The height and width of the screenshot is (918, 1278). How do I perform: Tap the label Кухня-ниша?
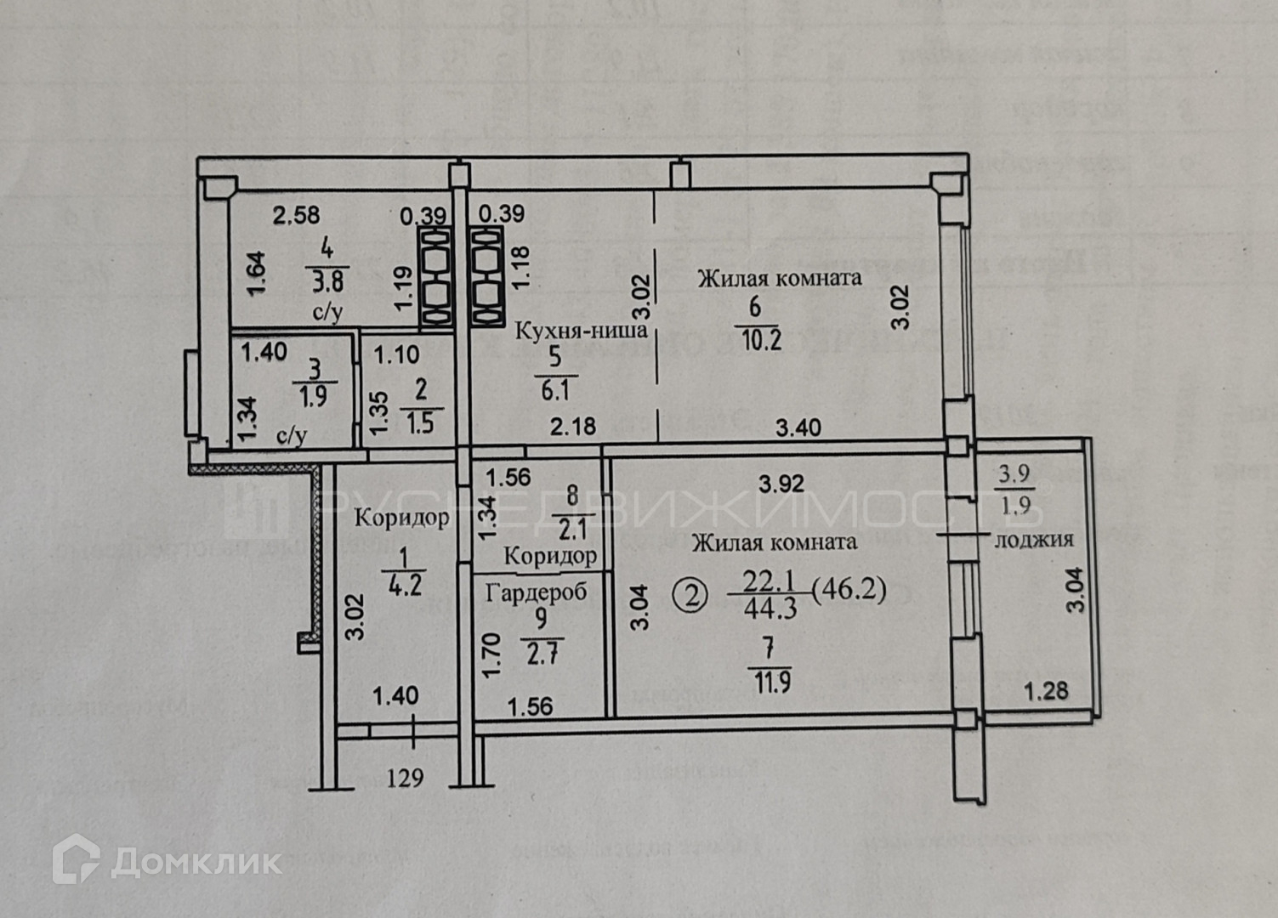[x=582, y=330]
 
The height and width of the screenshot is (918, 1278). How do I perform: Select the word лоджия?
[x=1033, y=538]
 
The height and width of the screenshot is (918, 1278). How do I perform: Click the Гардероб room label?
[x=536, y=592]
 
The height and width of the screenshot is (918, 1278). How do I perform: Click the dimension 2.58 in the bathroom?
[x=296, y=215]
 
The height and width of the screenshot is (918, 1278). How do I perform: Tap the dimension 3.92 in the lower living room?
[x=781, y=484]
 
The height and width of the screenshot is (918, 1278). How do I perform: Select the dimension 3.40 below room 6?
[x=798, y=427]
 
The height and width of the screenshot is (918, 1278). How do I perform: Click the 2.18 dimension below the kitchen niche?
[x=573, y=427]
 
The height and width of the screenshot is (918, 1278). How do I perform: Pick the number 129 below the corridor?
[x=405, y=777]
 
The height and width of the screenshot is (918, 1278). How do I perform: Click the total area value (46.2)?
[x=849, y=588]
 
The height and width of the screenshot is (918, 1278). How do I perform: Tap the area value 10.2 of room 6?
[x=762, y=339]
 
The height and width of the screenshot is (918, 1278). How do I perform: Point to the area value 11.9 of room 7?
[x=770, y=682]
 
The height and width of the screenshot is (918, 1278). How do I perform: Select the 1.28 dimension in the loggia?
[x=1045, y=691]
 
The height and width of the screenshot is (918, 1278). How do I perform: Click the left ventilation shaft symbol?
[x=438, y=276]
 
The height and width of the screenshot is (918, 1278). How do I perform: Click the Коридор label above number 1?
[x=401, y=518]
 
